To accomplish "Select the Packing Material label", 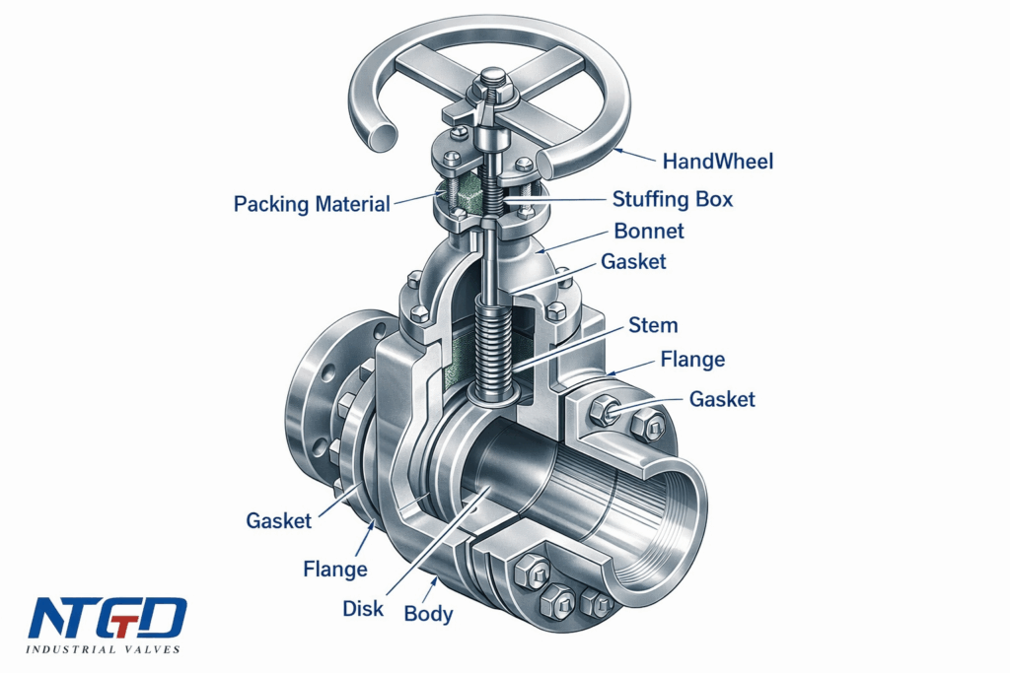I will [x=311, y=204].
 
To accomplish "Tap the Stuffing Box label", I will [x=673, y=199].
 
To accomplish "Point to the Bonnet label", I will [x=648, y=232].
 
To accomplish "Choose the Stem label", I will [x=653, y=324].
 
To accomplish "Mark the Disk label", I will [x=363, y=608].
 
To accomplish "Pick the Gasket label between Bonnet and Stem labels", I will [x=633, y=262].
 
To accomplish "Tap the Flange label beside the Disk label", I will [x=334, y=569].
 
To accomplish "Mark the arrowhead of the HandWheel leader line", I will [x=616, y=149].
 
